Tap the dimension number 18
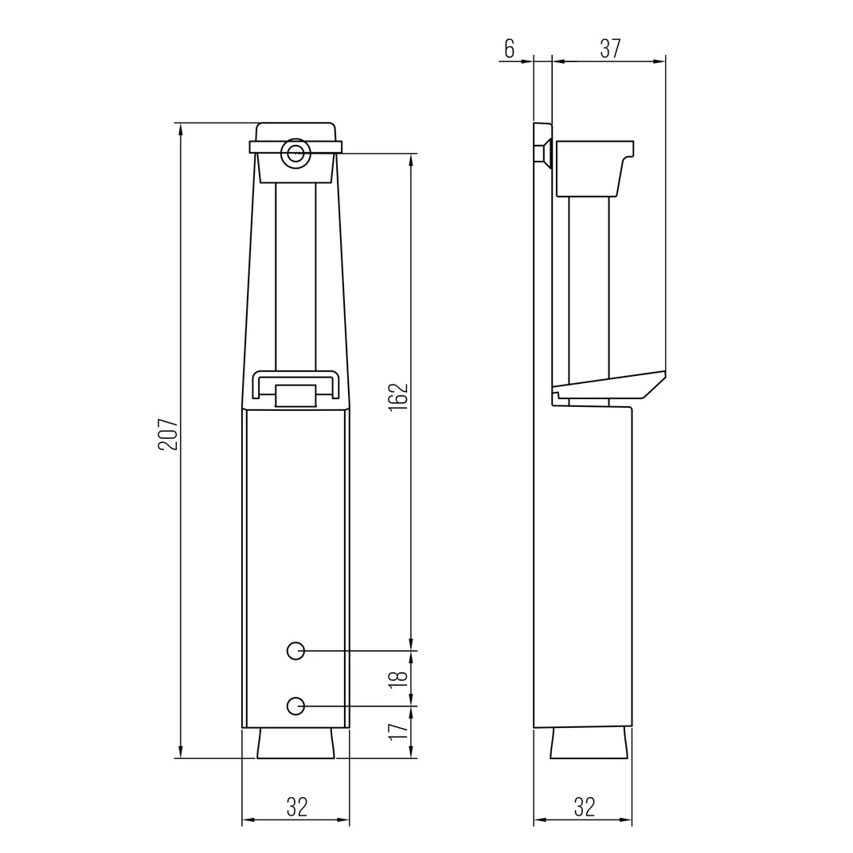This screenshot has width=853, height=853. [400, 679]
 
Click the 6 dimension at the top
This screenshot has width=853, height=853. [509, 49]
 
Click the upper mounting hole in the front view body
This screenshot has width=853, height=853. [295, 651]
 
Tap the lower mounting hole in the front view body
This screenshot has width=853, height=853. [295, 706]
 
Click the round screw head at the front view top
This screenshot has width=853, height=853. [295, 155]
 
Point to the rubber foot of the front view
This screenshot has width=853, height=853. [295, 743]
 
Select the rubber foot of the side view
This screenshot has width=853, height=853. [590, 743]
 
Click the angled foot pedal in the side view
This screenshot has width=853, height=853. [609, 386]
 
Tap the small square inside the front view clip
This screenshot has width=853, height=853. [295, 396]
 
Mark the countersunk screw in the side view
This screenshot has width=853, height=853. [543, 155]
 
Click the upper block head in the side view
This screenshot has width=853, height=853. [589, 168]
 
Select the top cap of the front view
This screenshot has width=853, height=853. [295, 131]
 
